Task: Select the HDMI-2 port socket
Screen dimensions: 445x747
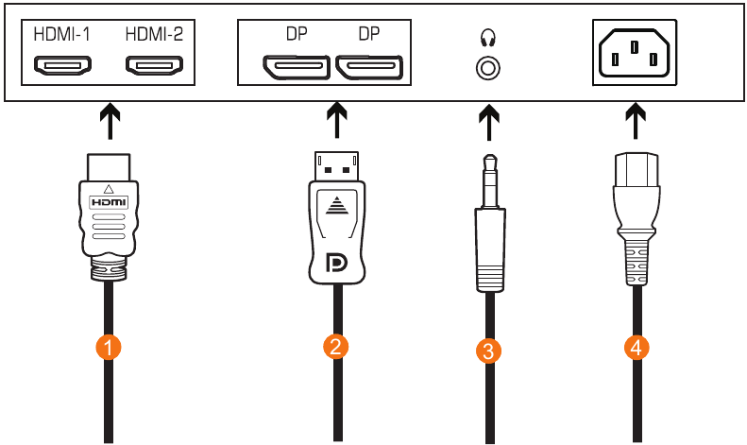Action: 156,67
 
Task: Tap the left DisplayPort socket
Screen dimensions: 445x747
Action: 297,68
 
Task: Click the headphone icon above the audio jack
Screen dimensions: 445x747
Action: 488,39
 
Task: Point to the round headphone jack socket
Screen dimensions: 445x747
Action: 488,69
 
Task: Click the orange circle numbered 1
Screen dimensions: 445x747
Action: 110,348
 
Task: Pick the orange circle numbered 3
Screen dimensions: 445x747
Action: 488,351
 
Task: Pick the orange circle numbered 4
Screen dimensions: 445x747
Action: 637,348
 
